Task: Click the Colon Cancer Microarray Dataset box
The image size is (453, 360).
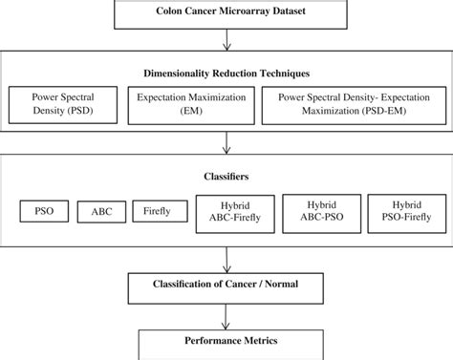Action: coord(226,13)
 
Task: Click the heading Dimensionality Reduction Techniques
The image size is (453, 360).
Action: coord(226,72)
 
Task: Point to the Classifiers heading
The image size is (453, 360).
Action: coord(226,177)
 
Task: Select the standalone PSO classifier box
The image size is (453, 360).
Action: coord(43,210)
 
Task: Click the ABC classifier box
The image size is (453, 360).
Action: coord(101,211)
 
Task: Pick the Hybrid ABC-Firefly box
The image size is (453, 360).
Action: coord(234,212)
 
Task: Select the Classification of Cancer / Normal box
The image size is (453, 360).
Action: coord(226,285)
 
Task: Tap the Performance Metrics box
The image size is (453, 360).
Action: coord(226,341)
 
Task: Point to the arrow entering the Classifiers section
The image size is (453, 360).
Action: coord(226,143)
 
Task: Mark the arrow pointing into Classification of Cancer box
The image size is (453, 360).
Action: coord(226,258)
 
